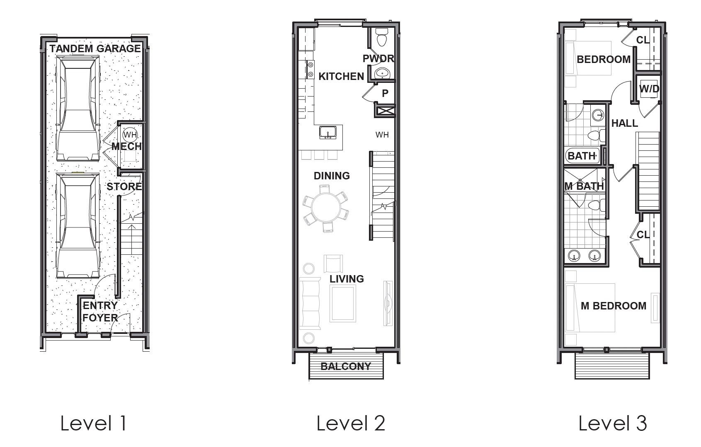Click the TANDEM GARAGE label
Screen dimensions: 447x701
95,49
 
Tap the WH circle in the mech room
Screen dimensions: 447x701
130,135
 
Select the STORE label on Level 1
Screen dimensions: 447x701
124,187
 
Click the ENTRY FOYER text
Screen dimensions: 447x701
100,312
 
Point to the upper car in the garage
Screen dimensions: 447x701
78,109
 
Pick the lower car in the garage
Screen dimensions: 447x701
78,226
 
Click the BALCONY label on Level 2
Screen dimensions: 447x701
346,366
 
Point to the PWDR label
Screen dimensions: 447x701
378,59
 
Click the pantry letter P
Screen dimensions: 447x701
385,94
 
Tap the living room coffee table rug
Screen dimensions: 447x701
343,304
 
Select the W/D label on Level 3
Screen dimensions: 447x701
649,89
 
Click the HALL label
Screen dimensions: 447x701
624,123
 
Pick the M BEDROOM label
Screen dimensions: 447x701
613,306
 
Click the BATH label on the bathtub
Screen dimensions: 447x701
581,156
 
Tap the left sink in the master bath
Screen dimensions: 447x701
574,256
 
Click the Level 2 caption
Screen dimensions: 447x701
351,423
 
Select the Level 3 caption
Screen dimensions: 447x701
612,423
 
